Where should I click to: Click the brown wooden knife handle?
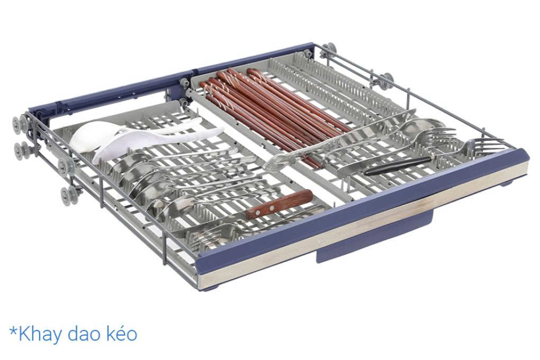[279, 204]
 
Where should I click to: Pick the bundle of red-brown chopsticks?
[275, 114]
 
